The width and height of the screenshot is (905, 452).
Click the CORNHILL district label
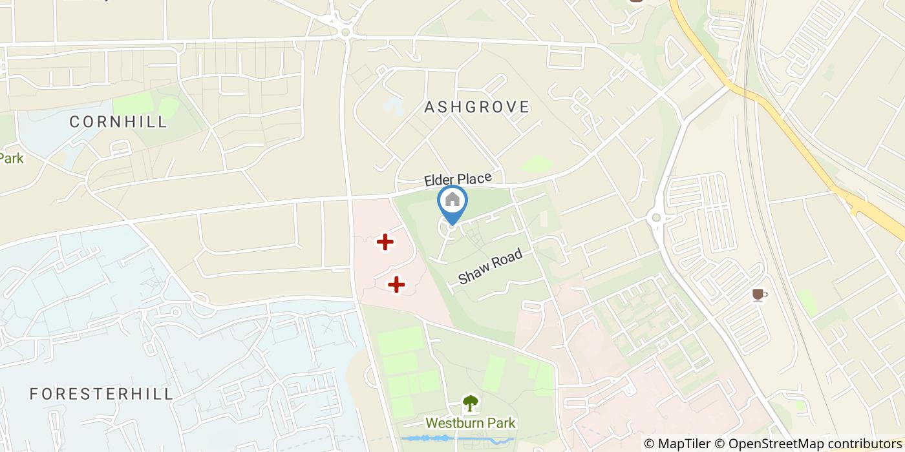(118, 121)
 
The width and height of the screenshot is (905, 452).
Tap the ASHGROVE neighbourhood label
(477, 107)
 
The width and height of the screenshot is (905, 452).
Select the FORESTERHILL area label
(102, 394)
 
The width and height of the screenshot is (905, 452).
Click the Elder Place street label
(458, 179)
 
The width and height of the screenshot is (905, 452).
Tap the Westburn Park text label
(471, 424)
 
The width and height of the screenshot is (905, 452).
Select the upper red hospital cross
(385, 242)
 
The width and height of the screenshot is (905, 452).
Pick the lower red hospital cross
(396, 284)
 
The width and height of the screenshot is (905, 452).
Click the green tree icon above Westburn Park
(471, 404)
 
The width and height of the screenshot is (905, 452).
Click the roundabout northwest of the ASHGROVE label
(345, 31)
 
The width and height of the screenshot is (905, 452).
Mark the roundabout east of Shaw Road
(656, 218)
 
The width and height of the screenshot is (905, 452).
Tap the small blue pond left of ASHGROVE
(391, 105)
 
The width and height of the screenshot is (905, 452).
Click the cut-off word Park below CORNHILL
(11, 158)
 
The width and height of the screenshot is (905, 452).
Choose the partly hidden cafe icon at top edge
(637, 2)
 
